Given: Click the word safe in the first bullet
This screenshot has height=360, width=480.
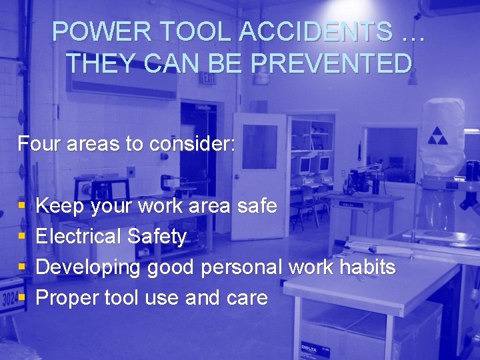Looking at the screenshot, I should click(x=257, y=206).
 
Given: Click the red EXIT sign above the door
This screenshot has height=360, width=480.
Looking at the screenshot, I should click(x=209, y=79).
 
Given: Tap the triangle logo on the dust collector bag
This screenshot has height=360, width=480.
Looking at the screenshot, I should click(x=438, y=135).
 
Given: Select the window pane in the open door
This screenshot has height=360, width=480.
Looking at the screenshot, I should click(x=259, y=147).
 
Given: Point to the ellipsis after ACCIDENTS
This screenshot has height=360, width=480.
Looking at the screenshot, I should click(x=413, y=32).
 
